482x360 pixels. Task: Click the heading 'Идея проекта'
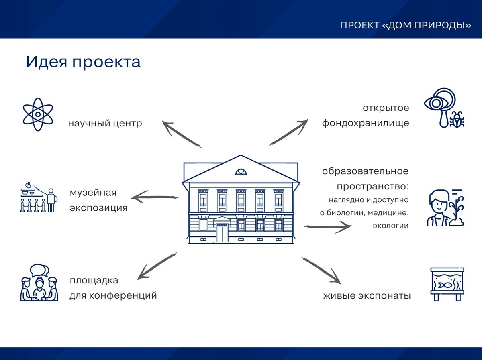point(83,62)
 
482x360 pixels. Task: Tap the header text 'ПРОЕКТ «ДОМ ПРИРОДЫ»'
point(406,25)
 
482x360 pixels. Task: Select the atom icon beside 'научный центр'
point(38,114)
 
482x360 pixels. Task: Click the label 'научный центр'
point(105,124)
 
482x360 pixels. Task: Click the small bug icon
point(457,119)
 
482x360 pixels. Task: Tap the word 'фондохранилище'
point(366,123)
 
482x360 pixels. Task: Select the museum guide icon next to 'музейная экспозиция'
point(39,197)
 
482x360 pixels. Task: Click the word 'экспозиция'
point(98,208)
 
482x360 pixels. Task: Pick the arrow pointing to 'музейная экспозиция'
point(155,197)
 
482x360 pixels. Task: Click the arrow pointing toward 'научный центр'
point(182,134)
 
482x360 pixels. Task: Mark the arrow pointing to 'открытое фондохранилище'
point(288,132)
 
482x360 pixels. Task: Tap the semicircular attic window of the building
point(241,171)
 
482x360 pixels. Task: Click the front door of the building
point(222,233)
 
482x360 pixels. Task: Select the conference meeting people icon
point(39,283)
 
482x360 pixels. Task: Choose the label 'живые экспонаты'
point(367,296)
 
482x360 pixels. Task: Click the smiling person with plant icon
point(445,207)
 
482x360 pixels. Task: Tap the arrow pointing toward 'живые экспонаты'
point(321,271)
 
